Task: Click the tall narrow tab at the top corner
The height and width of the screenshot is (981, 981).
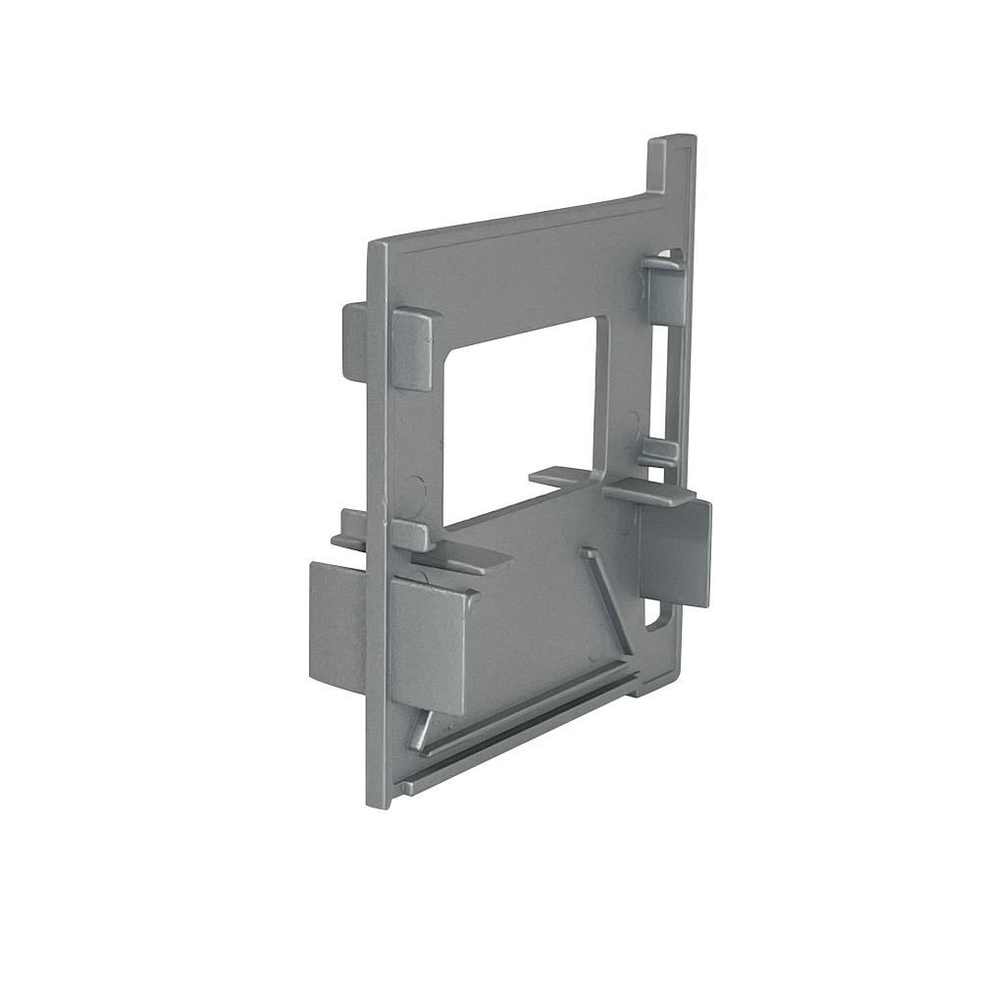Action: [671, 167]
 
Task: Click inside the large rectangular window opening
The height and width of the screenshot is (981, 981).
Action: [520, 422]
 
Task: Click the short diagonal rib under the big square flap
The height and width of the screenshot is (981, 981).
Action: [420, 730]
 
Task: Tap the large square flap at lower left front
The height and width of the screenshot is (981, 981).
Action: [428, 643]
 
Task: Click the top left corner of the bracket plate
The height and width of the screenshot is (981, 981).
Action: [373, 243]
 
